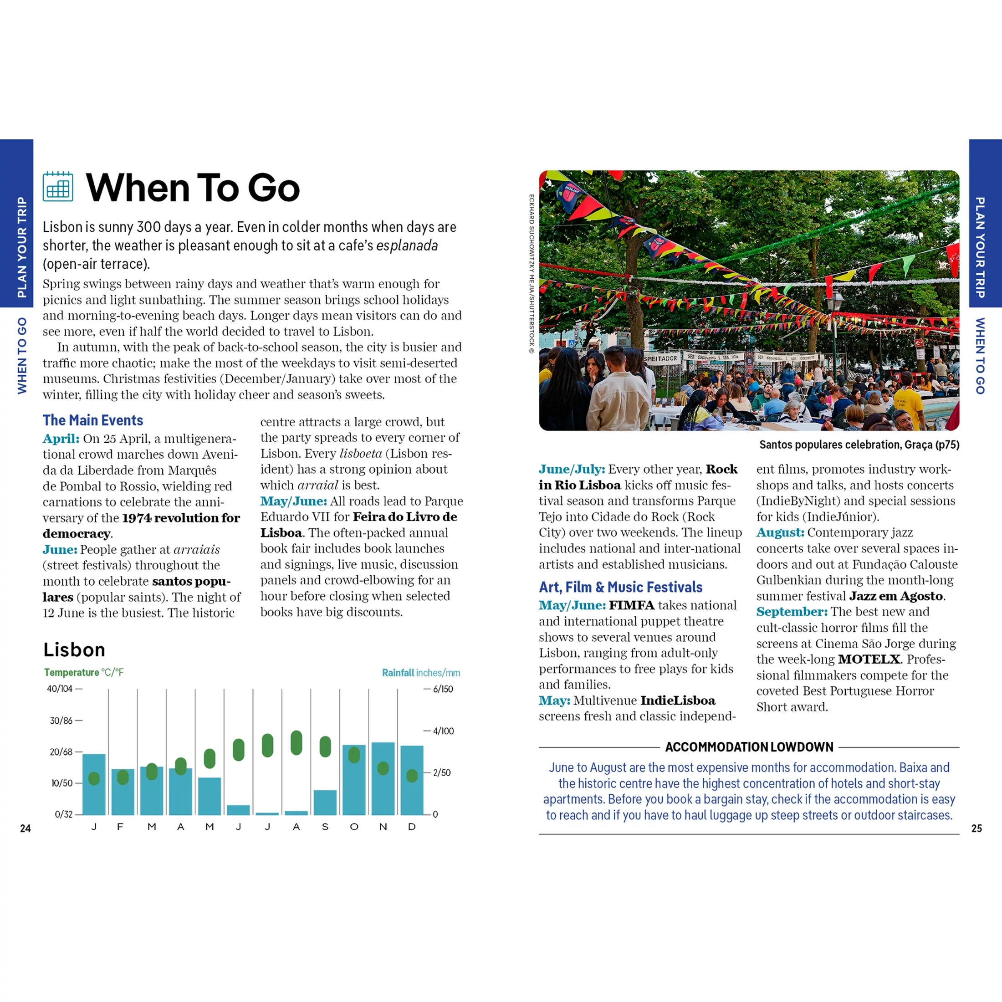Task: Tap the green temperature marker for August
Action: (296, 743)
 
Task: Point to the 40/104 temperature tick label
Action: (60, 689)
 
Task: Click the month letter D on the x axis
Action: (412, 827)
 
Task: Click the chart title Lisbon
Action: (74, 649)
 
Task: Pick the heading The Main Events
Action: (93, 420)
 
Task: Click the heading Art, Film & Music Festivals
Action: (620, 587)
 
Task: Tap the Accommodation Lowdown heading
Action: (749, 747)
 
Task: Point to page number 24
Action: (26, 828)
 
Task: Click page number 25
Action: (976, 828)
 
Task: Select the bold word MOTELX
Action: (869, 659)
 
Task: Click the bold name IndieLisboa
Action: (677, 700)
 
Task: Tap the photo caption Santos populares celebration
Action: (859, 445)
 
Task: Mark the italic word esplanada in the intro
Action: (407, 245)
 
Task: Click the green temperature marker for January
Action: (94, 778)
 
